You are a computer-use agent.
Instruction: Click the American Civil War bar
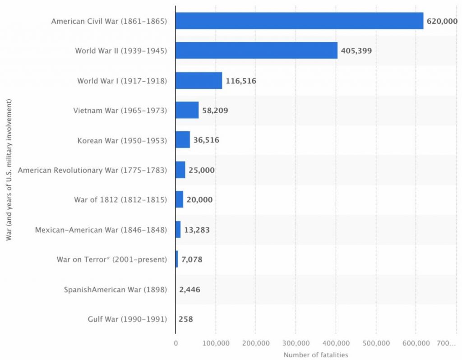tap(299, 21)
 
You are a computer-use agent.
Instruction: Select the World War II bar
tap(256, 51)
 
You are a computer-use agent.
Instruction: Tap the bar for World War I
tap(199, 80)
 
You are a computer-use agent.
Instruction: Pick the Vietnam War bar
tap(187, 110)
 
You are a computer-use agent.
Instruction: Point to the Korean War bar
tap(182, 140)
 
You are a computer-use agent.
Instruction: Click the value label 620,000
tap(442, 21)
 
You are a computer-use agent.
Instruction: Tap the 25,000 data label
tap(202, 170)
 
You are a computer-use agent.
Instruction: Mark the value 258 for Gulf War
tap(185, 319)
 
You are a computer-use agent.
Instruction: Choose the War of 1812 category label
tap(120, 200)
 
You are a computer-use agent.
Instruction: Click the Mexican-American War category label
tap(101, 230)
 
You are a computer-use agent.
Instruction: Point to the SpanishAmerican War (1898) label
tap(115, 290)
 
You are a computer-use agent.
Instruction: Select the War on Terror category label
tap(111, 260)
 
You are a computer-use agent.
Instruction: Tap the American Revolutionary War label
tap(92, 170)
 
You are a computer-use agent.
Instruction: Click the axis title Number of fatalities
tap(316, 355)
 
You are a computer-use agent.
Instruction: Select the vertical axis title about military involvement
tap(9, 171)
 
